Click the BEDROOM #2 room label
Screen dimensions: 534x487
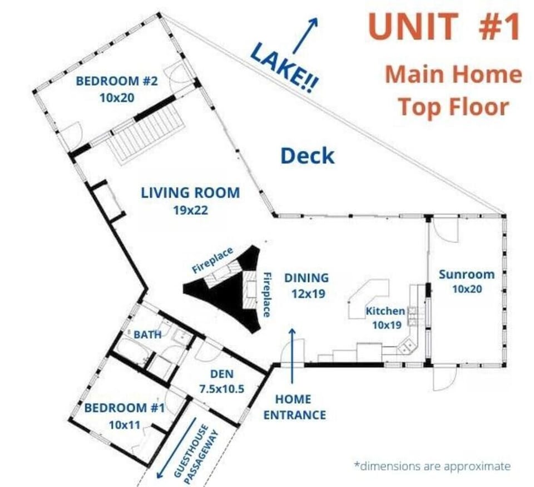tap(117, 81)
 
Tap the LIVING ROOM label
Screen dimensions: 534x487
tap(190, 193)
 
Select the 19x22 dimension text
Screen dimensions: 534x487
tap(190, 210)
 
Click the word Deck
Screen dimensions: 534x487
tap(307, 155)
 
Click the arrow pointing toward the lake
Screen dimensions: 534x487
tap(305, 36)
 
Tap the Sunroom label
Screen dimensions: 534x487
tap(467, 274)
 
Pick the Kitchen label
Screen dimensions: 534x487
tap(385, 311)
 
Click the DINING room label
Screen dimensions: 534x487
tap(306, 278)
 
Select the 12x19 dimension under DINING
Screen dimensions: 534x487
tap(308, 294)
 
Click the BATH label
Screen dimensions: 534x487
tap(147, 334)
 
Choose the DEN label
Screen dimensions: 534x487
tap(222, 374)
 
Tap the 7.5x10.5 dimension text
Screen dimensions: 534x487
tap(222, 389)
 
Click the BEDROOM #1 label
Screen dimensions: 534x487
tap(125, 408)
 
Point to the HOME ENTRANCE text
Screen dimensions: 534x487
tap(295, 407)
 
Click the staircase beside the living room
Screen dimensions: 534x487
tap(146, 135)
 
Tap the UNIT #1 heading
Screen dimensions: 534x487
tap(444, 26)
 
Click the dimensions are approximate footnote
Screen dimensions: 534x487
tap(433, 466)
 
